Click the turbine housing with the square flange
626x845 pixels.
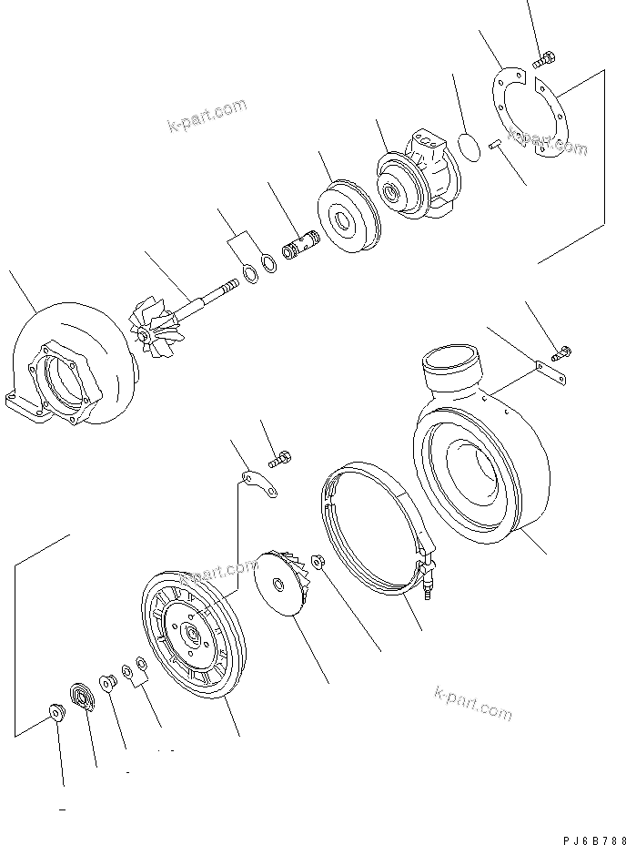[68, 373]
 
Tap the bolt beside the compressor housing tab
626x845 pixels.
[562, 350]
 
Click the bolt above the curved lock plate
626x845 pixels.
[282, 456]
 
